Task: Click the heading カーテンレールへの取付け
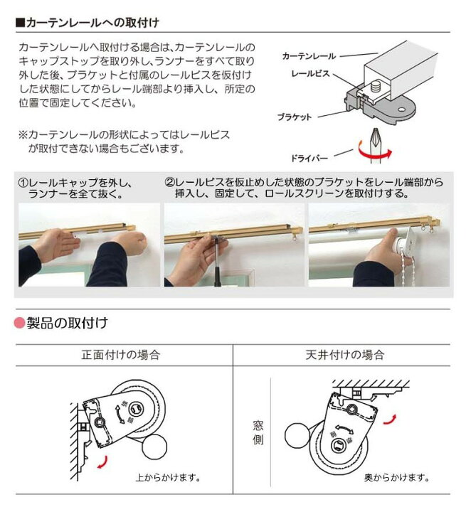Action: [92, 23]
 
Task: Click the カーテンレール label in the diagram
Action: [309, 56]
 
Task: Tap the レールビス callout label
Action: [310, 73]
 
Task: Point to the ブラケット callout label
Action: [295, 117]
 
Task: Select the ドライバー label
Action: [309, 159]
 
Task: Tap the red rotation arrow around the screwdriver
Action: [374, 152]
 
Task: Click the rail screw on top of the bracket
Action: [376, 88]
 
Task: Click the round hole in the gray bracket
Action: [401, 110]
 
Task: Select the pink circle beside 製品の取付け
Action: [20, 323]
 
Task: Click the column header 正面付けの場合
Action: [120, 355]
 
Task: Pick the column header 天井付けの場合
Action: [345, 355]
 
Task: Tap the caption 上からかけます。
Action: [168, 477]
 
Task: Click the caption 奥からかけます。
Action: [397, 477]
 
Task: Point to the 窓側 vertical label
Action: [258, 432]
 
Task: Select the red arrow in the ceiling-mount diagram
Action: [391, 420]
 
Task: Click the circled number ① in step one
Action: [23, 183]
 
